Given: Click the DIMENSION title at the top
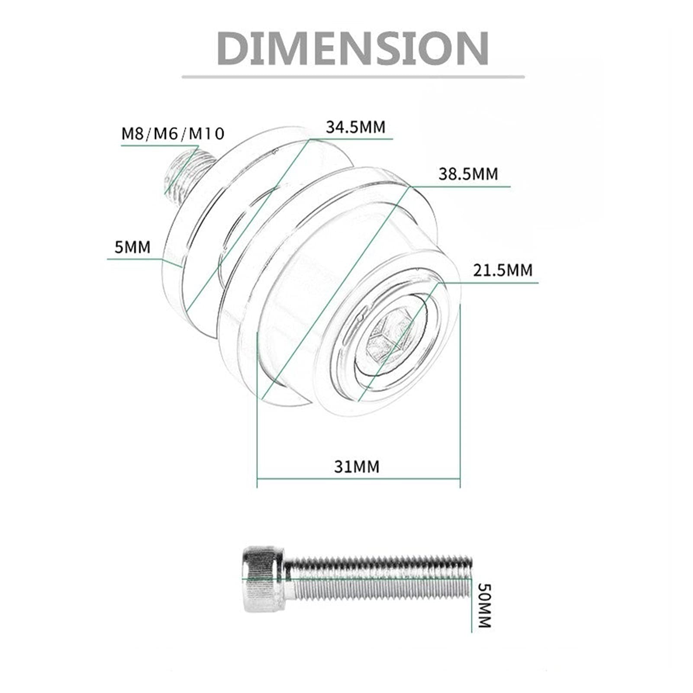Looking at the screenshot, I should pos(352,48).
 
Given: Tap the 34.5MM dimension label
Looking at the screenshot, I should pos(355,127).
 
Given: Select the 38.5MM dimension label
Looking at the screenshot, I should pos(468,174).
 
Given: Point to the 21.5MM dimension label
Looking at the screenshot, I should pos(503,271).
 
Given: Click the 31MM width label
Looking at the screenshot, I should pos(357,467).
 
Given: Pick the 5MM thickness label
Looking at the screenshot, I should pos(132,247).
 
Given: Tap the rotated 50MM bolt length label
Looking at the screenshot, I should pos(484,606).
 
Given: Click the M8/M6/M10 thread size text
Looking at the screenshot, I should pos(173,133).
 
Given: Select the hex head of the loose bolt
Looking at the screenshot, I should pos(262,579).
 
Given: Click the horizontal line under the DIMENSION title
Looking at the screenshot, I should pos(353,77).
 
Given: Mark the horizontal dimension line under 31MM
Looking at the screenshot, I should pos(358,479).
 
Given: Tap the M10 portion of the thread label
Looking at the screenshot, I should pos(207,133).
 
